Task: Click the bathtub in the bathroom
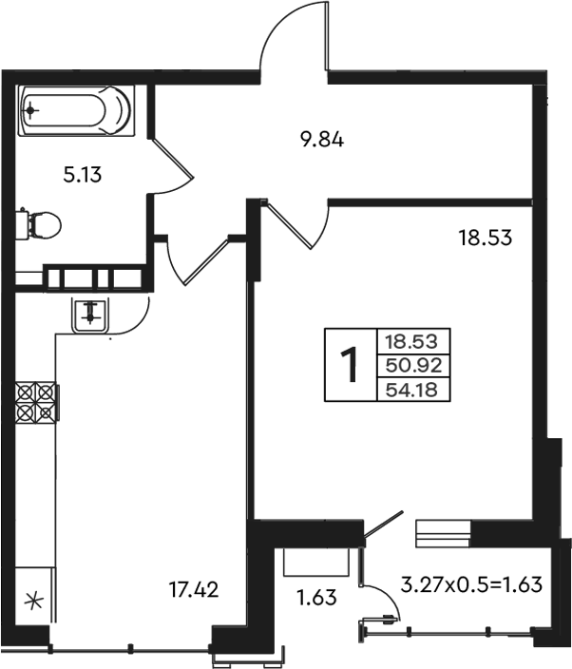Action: [x=76, y=110]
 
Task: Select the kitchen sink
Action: [x=90, y=315]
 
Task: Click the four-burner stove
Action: [x=36, y=401]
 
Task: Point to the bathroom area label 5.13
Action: [x=83, y=175]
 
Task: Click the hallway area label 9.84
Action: [x=322, y=140]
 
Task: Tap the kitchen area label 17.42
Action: [x=194, y=589]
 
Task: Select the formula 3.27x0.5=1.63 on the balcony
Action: [x=471, y=584]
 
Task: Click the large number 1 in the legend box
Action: [x=351, y=365]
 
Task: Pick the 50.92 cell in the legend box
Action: [x=413, y=366]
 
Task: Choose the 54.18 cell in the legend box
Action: [x=413, y=390]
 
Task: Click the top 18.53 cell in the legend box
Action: [x=413, y=341]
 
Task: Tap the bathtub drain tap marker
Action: [x=30, y=111]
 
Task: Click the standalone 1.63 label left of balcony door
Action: [x=317, y=598]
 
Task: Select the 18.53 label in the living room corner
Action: [x=485, y=238]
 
